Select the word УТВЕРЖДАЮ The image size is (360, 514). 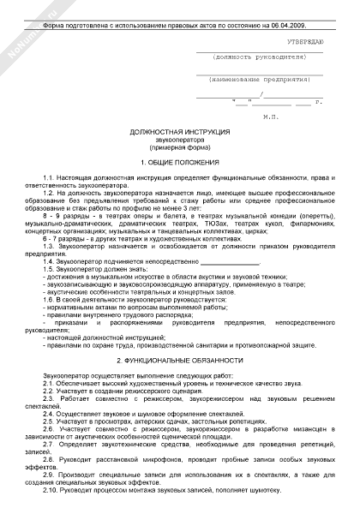(x=305, y=41)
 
